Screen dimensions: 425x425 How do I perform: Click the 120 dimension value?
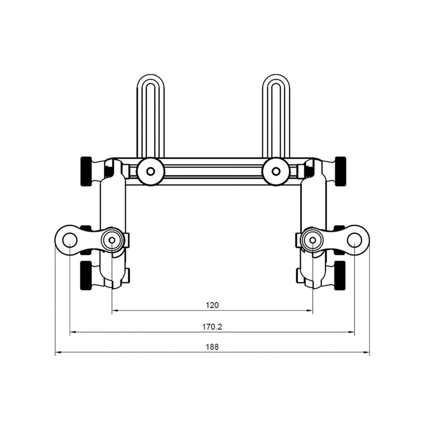click(212, 305)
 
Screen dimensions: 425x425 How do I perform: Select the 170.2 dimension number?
click(212, 327)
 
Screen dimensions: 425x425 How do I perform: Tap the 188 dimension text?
click(212, 347)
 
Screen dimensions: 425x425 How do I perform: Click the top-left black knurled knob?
click(86, 171)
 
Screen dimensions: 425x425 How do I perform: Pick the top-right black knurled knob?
click(340, 171)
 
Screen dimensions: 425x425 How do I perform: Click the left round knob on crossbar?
click(151, 171)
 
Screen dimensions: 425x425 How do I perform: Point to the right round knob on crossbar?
click(276, 171)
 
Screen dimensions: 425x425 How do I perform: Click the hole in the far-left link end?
click(70, 240)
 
